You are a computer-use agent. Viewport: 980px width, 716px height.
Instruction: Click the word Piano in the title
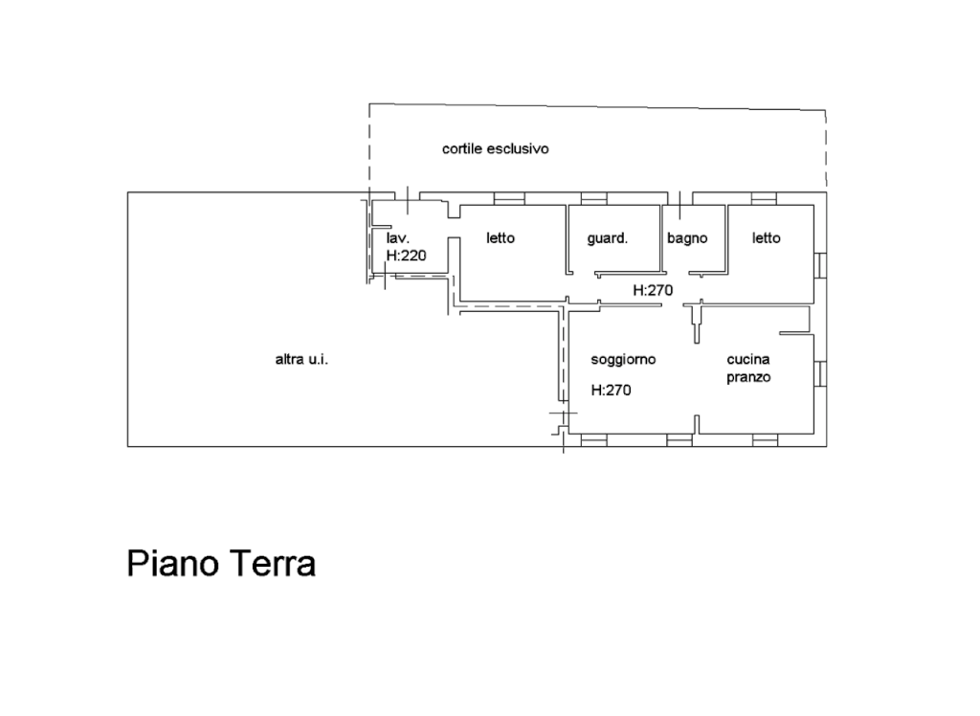tap(173, 564)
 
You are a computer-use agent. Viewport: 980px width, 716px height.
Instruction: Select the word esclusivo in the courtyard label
tap(518, 148)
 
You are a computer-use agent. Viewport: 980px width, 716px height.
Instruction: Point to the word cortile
tap(462, 148)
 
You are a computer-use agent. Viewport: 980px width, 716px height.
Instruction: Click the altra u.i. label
tap(301, 360)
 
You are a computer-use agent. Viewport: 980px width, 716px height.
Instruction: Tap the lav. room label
tap(397, 238)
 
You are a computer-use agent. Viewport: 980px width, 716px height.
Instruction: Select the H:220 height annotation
tap(406, 256)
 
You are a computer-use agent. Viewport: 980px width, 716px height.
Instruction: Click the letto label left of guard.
tap(501, 238)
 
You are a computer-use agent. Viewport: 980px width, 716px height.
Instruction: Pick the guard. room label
tap(608, 238)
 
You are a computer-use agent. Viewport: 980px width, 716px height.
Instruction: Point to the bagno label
tap(687, 238)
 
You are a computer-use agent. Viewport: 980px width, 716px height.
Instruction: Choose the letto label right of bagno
tap(767, 238)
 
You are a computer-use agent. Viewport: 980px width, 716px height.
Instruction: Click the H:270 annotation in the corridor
tap(653, 290)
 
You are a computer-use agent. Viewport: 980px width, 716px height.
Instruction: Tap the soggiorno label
tap(623, 360)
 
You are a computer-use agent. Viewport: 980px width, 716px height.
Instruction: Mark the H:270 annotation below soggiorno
tap(612, 391)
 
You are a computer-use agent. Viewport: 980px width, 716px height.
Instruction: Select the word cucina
tap(748, 360)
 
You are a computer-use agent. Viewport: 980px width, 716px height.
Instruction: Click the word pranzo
tap(748, 377)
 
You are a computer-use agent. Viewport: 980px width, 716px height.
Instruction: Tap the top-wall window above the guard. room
tap(593, 198)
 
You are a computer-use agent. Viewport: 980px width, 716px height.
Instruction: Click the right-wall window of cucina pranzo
tap(820, 374)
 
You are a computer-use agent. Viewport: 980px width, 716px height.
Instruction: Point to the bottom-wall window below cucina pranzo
tap(765, 440)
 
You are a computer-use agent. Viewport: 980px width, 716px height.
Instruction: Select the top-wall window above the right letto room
tap(764, 198)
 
